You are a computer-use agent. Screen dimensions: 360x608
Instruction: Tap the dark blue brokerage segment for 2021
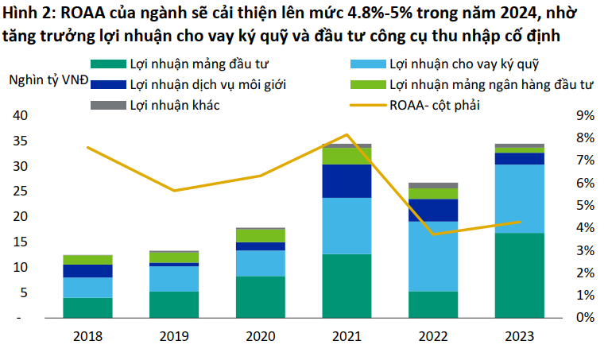click(x=347, y=180)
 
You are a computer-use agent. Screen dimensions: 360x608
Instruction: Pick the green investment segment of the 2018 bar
click(x=88, y=308)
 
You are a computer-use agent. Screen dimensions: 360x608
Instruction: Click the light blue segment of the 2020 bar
click(x=261, y=263)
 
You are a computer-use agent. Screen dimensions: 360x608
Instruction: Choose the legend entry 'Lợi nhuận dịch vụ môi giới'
click(x=207, y=83)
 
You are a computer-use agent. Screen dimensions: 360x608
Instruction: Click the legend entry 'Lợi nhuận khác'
click(x=174, y=104)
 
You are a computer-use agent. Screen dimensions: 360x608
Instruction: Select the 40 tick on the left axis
click(x=20, y=116)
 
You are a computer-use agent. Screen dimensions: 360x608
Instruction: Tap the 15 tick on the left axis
click(x=20, y=242)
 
